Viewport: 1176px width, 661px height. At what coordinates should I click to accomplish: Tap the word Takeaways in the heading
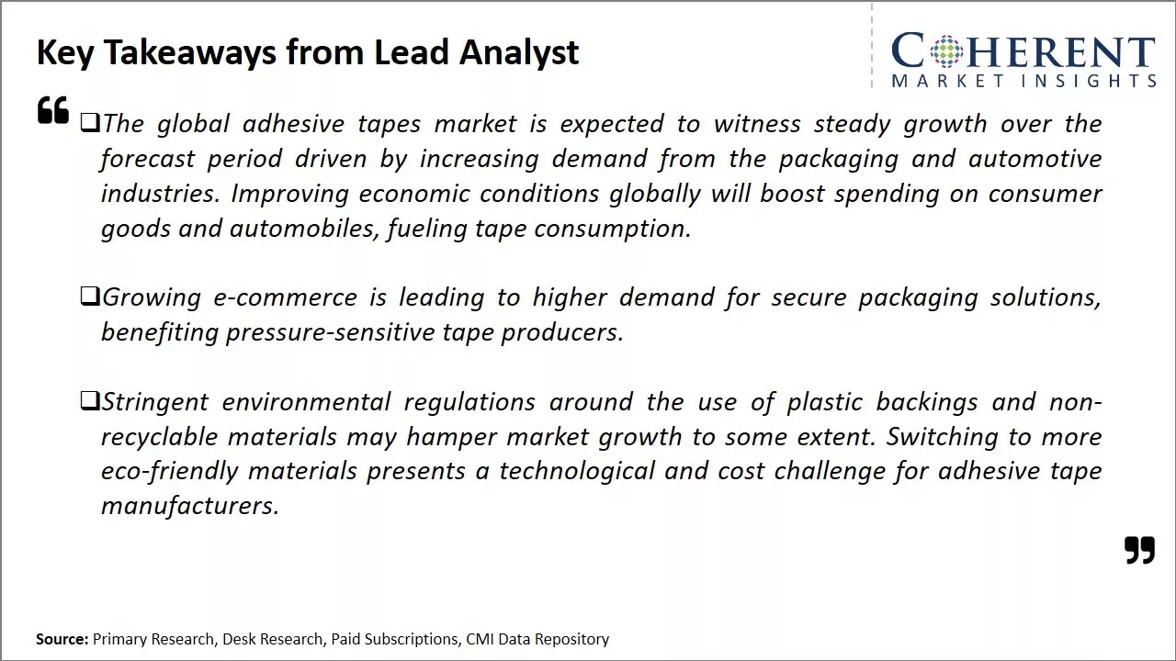[x=190, y=52]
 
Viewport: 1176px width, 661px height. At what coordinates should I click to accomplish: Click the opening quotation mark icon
[x=53, y=110]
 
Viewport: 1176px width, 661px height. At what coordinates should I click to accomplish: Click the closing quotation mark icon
[x=1139, y=550]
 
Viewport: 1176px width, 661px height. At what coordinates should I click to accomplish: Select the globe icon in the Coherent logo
[x=944, y=50]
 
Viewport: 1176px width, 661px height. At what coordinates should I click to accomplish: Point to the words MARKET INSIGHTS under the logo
[x=1023, y=81]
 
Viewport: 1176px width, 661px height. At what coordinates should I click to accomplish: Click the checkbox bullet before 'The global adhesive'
[x=89, y=122]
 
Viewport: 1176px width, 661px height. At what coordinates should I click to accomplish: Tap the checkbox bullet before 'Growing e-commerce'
[x=89, y=296]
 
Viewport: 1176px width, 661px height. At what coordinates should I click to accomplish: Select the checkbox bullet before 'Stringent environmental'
[x=89, y=400]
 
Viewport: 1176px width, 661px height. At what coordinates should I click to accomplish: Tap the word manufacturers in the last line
[x=189, y=506]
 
